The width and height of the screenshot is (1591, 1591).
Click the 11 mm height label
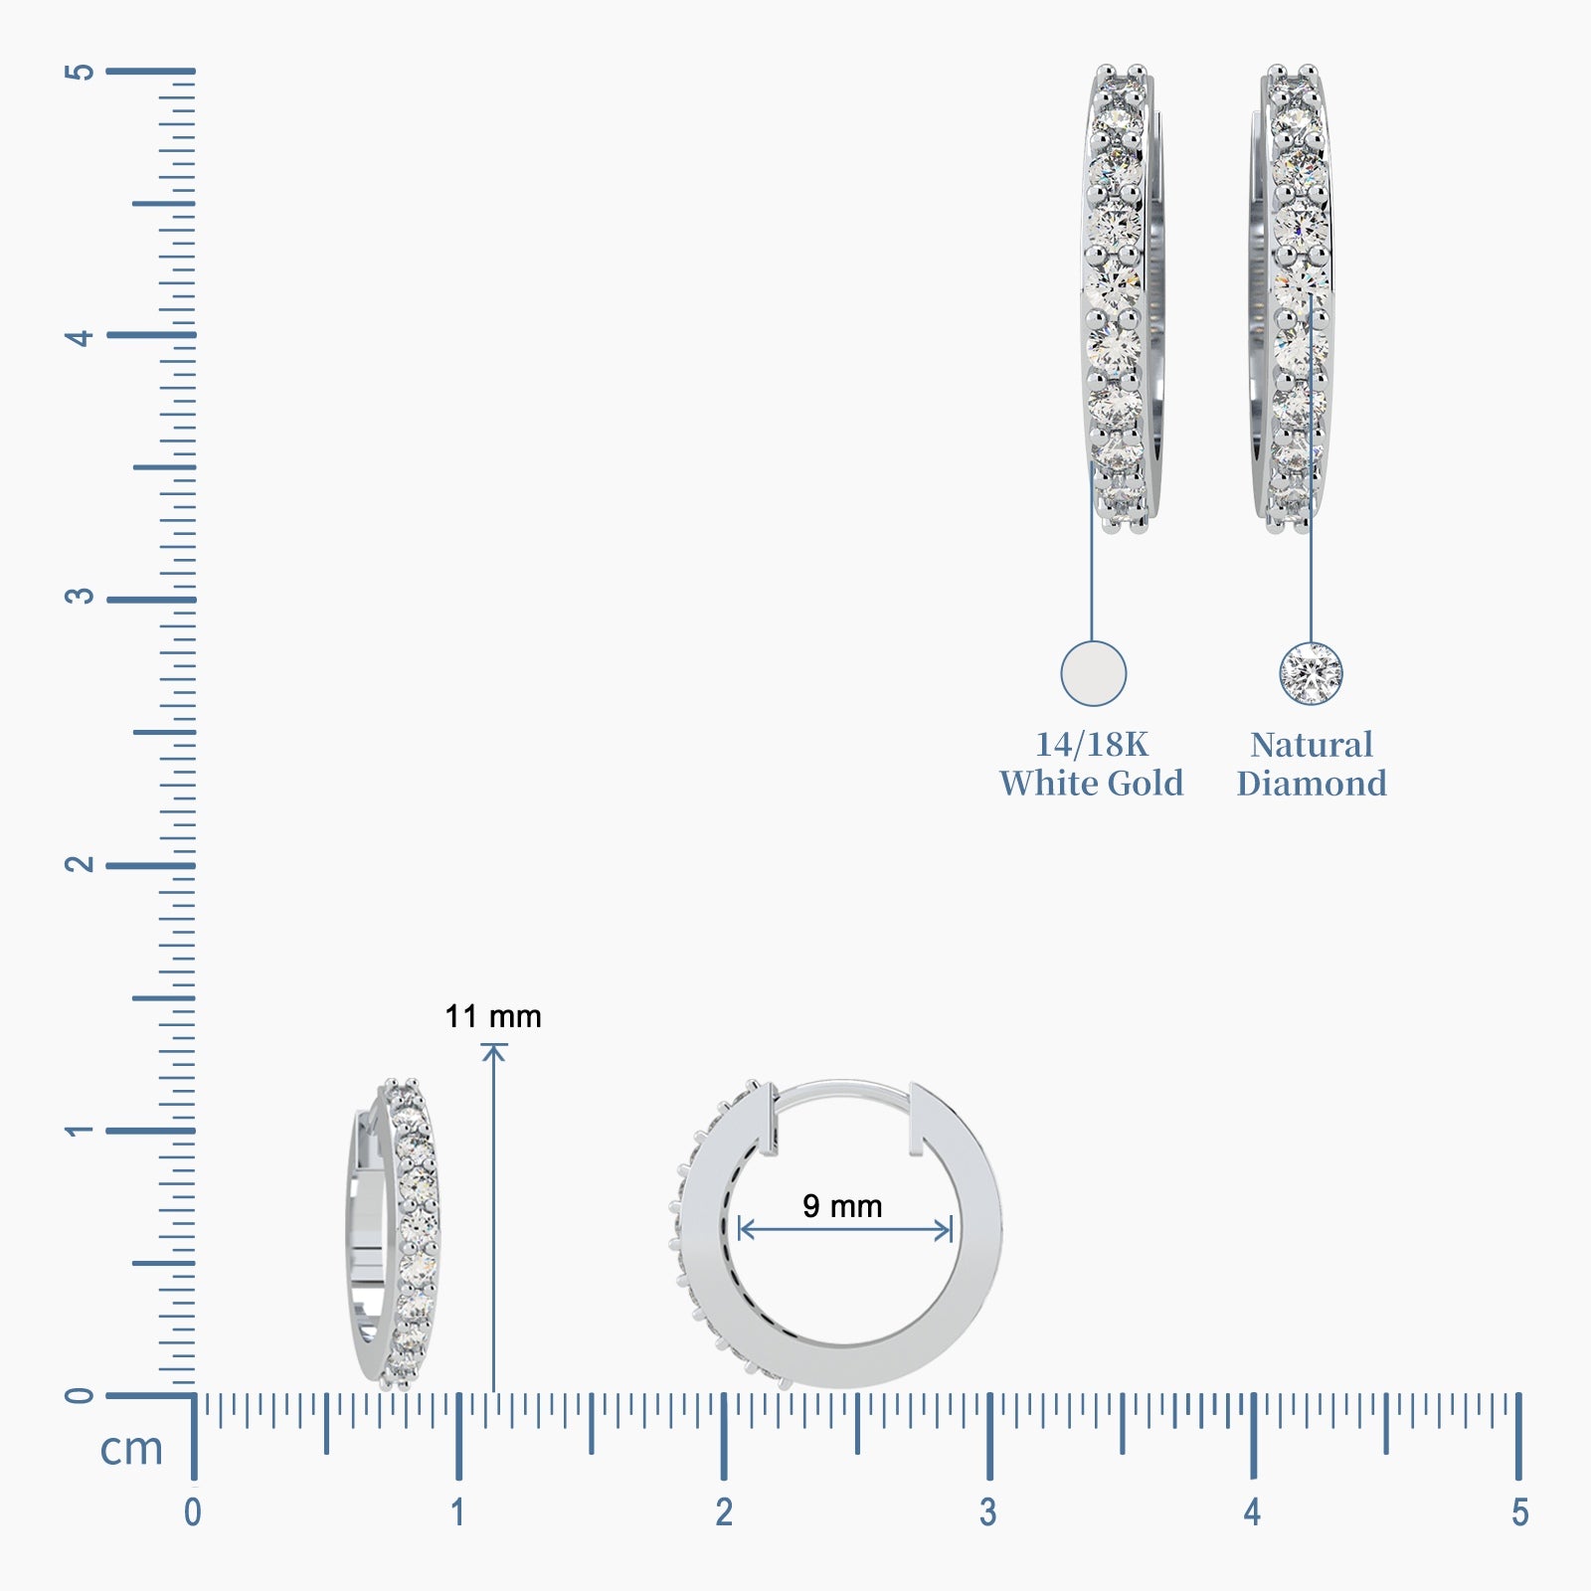pos(493,1016)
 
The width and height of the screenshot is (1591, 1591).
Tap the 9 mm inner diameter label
pos(842,1206)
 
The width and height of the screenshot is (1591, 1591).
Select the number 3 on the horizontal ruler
pos(987,1512)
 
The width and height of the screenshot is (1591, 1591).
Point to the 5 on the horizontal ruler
pos(1519,1512)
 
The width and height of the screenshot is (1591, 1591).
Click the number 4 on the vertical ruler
pos(80,337)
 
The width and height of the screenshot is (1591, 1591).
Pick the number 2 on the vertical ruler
pos(80,863)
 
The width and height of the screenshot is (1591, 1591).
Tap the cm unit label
pos(131,1449)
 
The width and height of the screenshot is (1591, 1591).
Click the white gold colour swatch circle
pos(1093,673)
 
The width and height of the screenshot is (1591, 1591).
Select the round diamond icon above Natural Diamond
pos(1311,673)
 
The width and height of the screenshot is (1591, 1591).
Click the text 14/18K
pos(1092,744)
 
